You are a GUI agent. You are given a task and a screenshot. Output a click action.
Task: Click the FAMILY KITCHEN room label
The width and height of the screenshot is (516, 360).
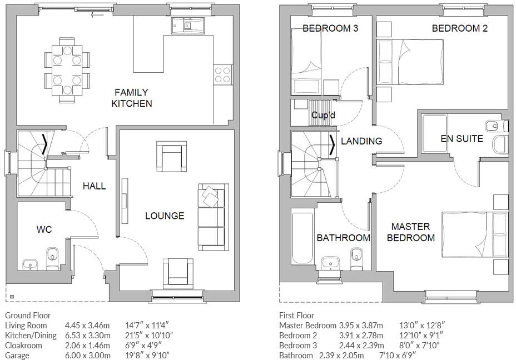click(x=132, y=98)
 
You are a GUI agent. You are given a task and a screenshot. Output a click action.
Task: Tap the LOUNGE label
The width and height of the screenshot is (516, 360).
click(x=165, y=216)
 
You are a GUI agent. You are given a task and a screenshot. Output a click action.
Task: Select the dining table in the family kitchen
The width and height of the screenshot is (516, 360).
click(x=67, y=71)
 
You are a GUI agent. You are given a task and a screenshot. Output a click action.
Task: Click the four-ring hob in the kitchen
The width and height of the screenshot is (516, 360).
click(x=222, y=74)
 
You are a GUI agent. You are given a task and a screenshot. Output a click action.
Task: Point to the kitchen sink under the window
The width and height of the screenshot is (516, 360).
click(x=188, y=26)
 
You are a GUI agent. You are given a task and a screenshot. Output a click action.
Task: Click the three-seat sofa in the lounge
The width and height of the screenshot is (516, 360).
click(x=214, y=217)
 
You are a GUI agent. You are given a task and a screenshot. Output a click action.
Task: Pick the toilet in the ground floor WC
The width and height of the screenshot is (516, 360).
click(x=52, y=258)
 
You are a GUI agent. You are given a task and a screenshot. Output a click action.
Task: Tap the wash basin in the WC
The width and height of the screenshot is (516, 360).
click(x=30, y=264)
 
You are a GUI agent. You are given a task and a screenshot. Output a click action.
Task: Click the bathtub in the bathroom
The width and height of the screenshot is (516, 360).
click(x=302, y=237)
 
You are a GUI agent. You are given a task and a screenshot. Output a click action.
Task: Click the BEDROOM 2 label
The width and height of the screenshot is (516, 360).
click(x=460, y=28)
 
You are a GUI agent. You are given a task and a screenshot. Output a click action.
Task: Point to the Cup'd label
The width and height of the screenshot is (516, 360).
click(x=323, y=115)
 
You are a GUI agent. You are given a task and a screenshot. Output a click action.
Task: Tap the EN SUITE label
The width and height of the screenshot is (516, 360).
click(x=462, y=138)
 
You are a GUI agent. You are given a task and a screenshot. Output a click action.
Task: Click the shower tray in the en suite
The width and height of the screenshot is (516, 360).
click(x=434, y=133)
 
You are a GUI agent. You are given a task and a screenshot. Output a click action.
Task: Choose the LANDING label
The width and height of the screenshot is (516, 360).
click(x=361, y=141)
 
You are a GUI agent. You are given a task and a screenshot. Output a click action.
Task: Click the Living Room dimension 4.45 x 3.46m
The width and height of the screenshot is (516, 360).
click(x=87, y=326)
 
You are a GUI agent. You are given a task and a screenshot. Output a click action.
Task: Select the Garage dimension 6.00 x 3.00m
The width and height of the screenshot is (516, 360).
click(x=88, y=356)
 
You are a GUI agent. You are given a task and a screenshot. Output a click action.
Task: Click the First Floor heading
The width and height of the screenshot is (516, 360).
click(x=296, y=316)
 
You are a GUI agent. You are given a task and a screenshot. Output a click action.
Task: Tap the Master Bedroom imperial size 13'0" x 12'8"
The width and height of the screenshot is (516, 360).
click(x=422, y=326)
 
